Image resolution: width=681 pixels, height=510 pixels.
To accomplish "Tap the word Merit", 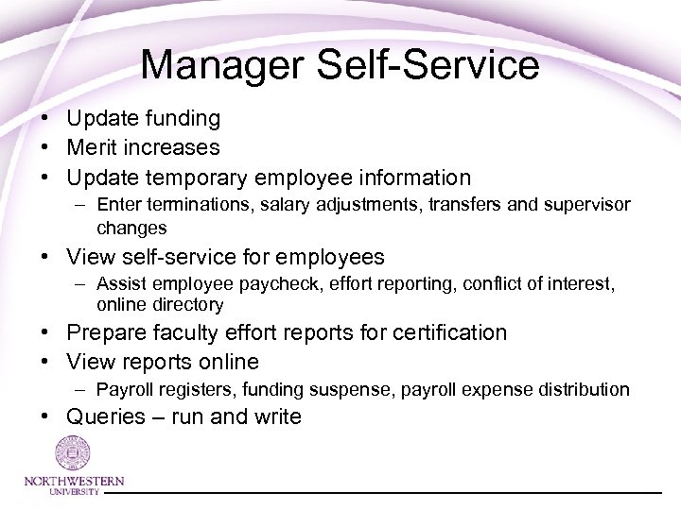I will [93, 147].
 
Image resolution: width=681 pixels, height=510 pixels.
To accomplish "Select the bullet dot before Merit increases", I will [44, 148].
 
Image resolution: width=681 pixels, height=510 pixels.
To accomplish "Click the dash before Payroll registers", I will [84, 389].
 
